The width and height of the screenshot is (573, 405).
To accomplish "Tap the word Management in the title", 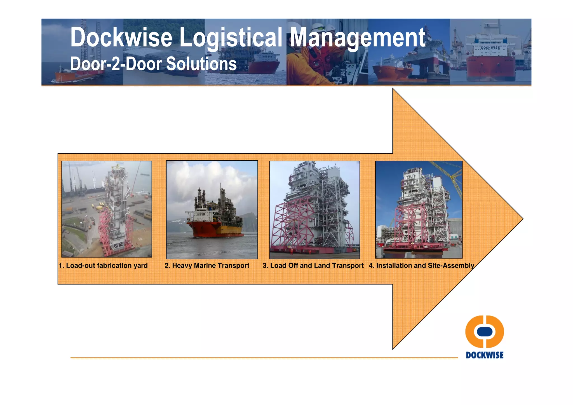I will pos(357,38).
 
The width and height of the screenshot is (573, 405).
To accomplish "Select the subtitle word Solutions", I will pos(201,64).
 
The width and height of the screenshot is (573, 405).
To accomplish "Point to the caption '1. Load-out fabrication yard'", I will pos(103,265).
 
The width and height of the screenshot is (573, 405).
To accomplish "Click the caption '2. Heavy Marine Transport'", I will pos(207,265).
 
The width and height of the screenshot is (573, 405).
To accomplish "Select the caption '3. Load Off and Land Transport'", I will pos(313,265).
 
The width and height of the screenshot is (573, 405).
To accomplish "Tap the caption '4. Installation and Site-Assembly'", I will pos(421,265).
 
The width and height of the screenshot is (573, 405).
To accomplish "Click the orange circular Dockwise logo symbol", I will pos(485,332).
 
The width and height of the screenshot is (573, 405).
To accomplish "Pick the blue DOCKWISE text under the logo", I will pos(485,355).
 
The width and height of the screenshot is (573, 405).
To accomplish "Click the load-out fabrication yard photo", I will pos(107,209).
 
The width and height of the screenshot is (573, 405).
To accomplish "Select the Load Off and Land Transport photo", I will pos(314,209).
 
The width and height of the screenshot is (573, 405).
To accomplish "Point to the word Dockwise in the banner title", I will pos(121,38).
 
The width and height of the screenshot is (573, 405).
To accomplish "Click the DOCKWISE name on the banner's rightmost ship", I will pos(490,48).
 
